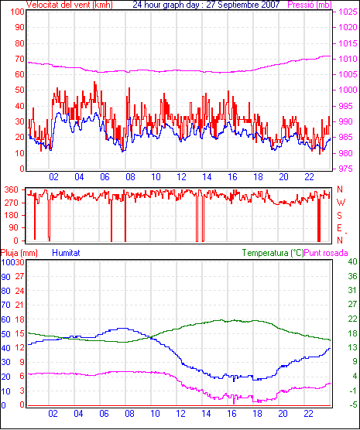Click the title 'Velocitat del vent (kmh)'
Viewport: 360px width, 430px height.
[x=70, y=5]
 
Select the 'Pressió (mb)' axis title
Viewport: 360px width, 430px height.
[x=310, y=5]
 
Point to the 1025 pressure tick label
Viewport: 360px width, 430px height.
[x=348, y=12]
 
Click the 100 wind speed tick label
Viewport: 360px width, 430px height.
[x=17, y=12]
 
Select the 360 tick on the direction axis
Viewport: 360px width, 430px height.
[x=12, y=189]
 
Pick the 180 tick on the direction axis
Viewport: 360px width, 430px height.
[x=12, y=215]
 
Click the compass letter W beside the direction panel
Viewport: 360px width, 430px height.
[x=341, y=203]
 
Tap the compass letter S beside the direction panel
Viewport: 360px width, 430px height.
[x=339, y=216]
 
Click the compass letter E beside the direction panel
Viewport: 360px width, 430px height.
[x=339, y=228]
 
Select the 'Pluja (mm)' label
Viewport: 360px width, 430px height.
[x=19, y=253]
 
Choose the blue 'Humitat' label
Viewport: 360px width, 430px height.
[x=66, y=253]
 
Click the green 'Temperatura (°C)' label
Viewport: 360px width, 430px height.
[x=273, y=253]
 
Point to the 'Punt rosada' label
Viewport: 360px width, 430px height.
[x=326, y=253]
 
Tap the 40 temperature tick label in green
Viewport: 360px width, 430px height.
[x=352, y=261]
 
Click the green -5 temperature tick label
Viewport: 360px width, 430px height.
[x=353, y=404]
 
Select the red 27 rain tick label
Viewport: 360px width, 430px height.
[x=19, y=276]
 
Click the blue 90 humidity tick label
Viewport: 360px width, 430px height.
[x=5, y=277]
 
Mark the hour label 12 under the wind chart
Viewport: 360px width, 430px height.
[x=181, y=177]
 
